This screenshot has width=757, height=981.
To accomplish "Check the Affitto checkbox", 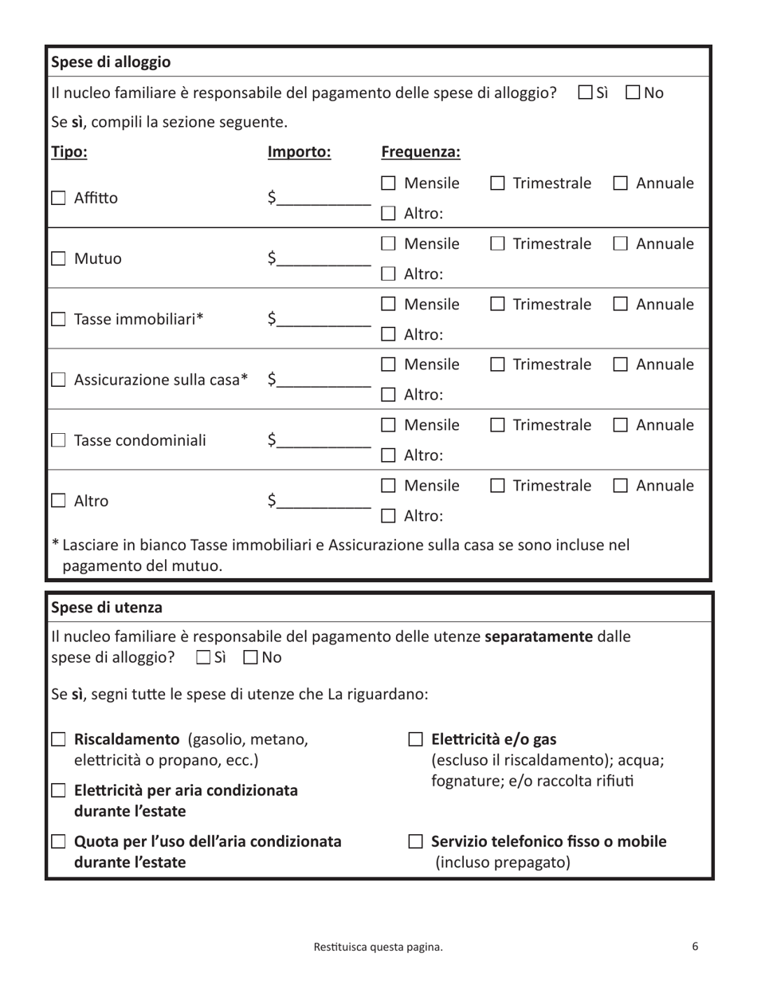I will click(x=58, y=199).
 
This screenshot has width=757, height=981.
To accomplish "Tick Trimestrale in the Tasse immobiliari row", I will click(x=497, y=304).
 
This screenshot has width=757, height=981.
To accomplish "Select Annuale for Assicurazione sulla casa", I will click(x=621, y=364).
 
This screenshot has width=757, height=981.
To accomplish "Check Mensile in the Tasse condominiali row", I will click(x=388, y=425).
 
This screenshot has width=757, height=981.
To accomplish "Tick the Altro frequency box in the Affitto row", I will click(x=388, y=214).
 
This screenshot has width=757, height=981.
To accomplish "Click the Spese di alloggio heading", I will click(x=111, y=62).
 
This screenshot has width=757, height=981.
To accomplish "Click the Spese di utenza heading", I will click(x=107, y=608).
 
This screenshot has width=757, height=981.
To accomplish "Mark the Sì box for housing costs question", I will click(x=585, y=93).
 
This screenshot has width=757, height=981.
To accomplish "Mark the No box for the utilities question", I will click(x=250, y=658).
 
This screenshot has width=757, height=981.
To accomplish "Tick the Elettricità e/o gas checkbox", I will click(x=415, y=739).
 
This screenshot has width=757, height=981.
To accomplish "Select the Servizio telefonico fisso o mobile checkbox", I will click(x=415, y=841).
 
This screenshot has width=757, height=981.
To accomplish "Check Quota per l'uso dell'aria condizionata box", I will click(x=58, y=841).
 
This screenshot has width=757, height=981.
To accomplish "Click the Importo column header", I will click(x=299, y=152).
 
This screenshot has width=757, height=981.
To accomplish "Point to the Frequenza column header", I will click(x=421, y=152).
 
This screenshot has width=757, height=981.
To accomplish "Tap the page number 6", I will click(x=695, y=947).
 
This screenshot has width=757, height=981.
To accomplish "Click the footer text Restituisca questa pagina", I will click(x=378, y=948).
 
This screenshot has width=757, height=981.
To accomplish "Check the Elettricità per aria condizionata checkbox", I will click(x=58, y=791).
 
